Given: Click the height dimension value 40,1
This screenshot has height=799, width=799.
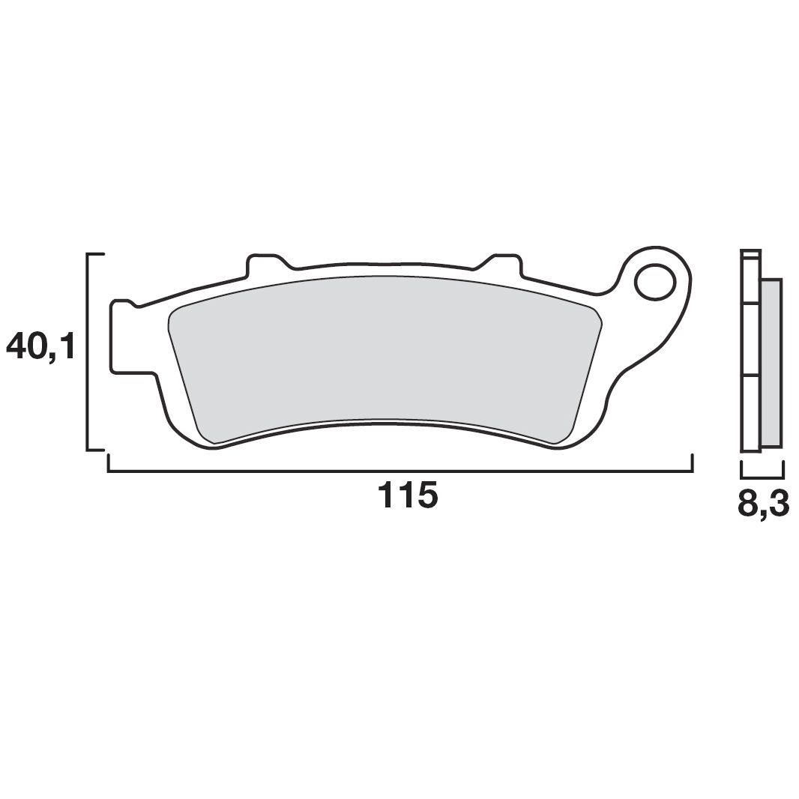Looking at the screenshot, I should [x=42, y=346].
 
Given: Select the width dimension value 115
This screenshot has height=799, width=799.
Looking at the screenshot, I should [x=407, y=496].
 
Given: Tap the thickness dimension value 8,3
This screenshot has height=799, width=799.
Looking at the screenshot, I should [x=763, y=504].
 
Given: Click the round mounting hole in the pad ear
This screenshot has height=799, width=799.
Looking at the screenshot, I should [x=655, y=283].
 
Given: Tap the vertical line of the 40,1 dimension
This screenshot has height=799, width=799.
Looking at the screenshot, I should [x=89, y=352].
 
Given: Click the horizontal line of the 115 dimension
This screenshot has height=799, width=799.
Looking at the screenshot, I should [x=399, y=471].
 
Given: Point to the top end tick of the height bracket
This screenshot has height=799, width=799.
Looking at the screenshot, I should [x=96, y=255].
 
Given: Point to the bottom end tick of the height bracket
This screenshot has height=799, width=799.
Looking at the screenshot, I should [x=96, y=450].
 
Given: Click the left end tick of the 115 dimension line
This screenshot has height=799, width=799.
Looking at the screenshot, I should [x=109, y=463].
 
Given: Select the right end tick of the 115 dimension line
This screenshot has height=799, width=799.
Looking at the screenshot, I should [x=690, y=462].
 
